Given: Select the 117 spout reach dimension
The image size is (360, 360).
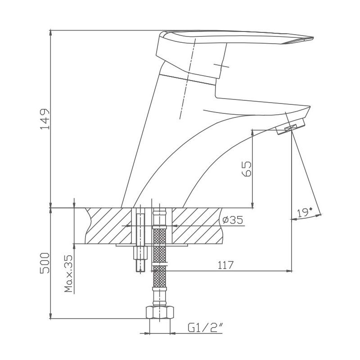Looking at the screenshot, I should [226, 265].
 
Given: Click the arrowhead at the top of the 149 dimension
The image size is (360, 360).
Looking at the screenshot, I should [51, 33].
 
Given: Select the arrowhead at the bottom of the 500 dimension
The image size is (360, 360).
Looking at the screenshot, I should [51, 315].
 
